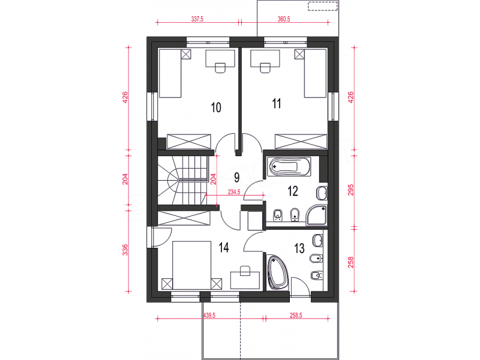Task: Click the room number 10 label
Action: click(x=216, y=107)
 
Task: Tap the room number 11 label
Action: click(x=277, y=103)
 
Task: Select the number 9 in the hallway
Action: click(x=236, y=177)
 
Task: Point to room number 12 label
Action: click(x=293, y=191)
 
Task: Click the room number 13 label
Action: click(x=299, y=248)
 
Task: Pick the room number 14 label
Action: click(x=224, y=247)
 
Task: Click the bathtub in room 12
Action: click(x=289, y=167)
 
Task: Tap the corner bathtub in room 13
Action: click(x=278, y=272)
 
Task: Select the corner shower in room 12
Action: click(x=317, y=215)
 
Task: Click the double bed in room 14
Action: click(x=191, y=265)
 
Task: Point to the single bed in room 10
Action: click(x=170, y=73)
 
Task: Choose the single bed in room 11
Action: click(x=315, y=73)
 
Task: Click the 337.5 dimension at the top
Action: click(x=197, y=19)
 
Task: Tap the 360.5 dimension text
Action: click(x=284, y=19)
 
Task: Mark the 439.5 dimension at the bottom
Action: click(x=209, y=316)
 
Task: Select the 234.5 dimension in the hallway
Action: click(x=234, y=192)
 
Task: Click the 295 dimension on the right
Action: click(x=351, y=190)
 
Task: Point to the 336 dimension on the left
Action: click(x=125, y=250)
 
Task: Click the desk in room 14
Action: click(x=245, y=280)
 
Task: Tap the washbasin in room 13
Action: click(x=318, y=241)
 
